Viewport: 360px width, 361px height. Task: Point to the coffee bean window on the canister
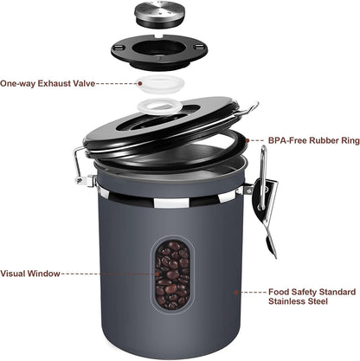[x=170, y=273]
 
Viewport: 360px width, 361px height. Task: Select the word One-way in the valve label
[x=16, y=84]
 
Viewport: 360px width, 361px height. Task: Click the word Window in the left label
[x=43, y=274]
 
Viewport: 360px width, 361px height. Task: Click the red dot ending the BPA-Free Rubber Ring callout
[x=245, y=139]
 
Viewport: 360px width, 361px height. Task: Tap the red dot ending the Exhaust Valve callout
[x=140, y=84]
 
